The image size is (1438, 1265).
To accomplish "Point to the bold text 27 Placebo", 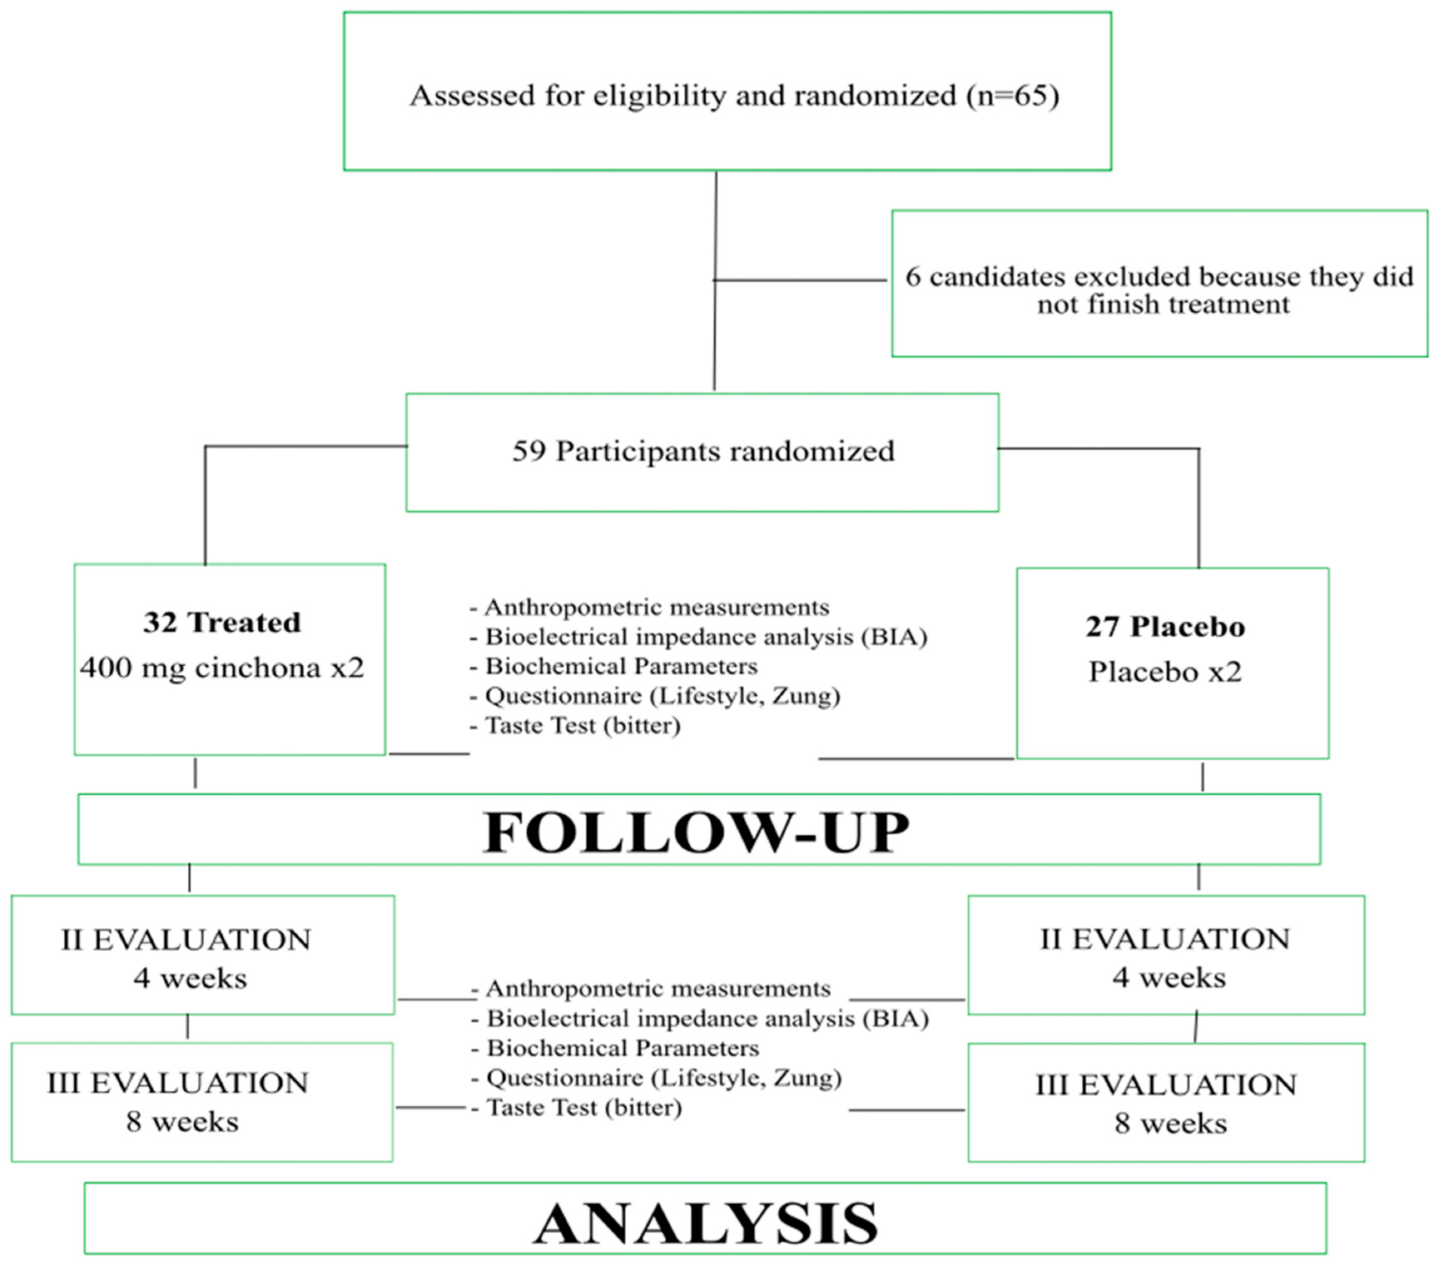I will click(1165, 626).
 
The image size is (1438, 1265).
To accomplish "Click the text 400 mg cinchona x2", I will click(222, 667).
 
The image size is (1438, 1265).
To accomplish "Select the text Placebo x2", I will click(1165, 671).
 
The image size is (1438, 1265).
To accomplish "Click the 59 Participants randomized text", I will click(703, 451).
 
